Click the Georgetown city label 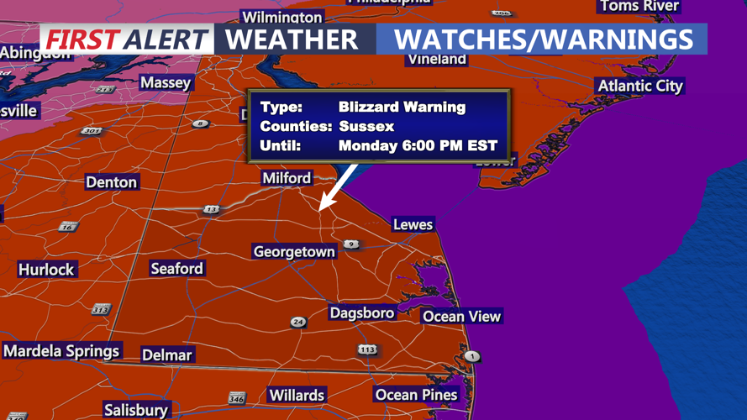pyautogui.click(x=294, y=252)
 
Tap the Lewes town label pyautogui.click(x=413, y=224)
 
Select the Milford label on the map pyautogui.click(x=287, y=178)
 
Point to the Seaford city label pyautogui.click(x=176, y=269)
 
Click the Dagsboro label pyautogui.click(x=361, y=313)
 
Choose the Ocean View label pyautogui.click(x=461, y=317)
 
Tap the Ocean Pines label pyautogui.click(x=416, y=395)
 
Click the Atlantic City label pyautogui.click(x=640, y=87)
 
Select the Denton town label pyautogui.click(x=111, y=182)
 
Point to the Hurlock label pyautogui.click(x=46, y=270)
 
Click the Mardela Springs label pyautogui.click(x=61, y=351)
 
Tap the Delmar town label pyautogui.click(x=166, y=355)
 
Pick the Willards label pyautogui.click(x=297, y=395)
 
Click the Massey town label pyautogui.click(x=166, y=82)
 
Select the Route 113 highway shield pyautogui.click(x=367, y=349)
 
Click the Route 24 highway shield pyautogui.click(x=297, y=322)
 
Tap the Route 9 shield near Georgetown pyautogui.click(x=351, y=244)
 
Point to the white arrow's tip pyautogui.click(x=321, y=209)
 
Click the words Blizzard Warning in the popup pyautogui.click(x=402, y=108)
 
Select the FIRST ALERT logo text pyautogui.click(x=126, y=39)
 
